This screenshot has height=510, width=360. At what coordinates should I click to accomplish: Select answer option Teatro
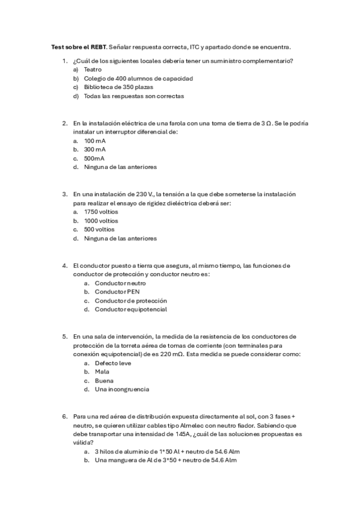tap(93, 70)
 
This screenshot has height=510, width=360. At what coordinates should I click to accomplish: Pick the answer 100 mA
tap(95, 140)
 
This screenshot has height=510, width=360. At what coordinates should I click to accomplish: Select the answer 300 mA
tap(95, 149)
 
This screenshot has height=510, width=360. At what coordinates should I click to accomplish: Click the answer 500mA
tap(94, 158)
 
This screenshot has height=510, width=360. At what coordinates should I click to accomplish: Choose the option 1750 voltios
tap(101, 212)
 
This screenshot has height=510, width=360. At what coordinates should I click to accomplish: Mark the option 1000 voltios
tap(101, 221)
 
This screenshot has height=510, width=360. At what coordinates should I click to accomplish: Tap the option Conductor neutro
tap(120, 283)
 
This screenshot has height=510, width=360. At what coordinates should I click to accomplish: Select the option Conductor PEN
tap(117, 292)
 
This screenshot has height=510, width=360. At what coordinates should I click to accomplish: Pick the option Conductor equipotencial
tap(131, 309)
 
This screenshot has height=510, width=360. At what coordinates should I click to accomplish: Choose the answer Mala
tap(102, 372)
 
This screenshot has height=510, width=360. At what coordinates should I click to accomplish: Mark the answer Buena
tap(104, 381)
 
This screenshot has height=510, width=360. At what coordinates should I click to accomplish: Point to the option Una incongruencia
tap(122, 389)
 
